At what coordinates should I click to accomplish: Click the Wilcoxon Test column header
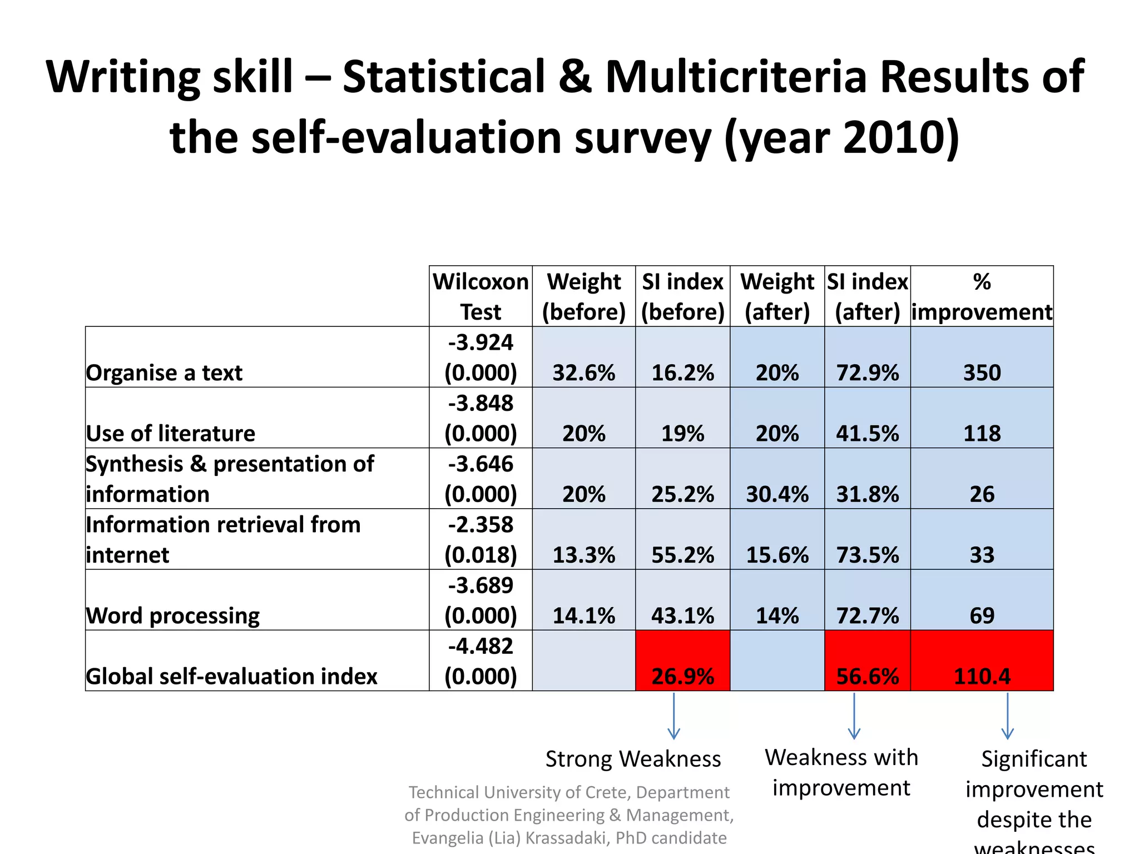point(481,296)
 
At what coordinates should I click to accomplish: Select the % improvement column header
point(982,296)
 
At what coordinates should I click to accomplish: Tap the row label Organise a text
point(164,373)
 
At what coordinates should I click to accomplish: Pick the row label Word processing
point(172,615)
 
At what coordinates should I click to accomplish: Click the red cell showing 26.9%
point(682,661)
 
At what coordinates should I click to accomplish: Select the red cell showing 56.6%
point(867,661)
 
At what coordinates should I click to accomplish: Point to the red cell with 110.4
point(982,661)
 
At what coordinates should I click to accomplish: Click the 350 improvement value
point(982,373)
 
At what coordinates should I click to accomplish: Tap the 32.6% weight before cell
point(583,373)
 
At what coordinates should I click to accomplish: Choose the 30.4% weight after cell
point(777,494)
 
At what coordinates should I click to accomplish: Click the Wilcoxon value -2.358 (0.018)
point(481,539)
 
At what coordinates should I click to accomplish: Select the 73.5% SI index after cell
point(867,555)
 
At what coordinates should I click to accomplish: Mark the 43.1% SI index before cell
point(682,615)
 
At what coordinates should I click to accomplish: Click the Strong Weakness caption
point(633,759)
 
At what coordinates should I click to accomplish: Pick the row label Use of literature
point(170,433)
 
